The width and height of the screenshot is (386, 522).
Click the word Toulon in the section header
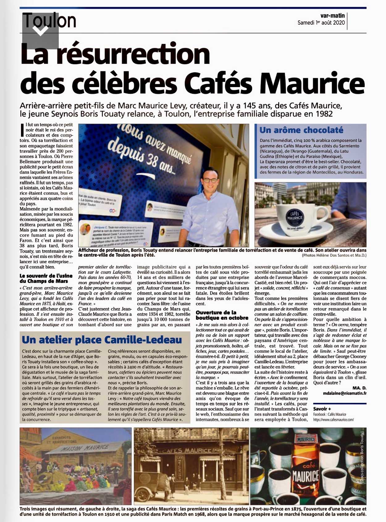(50, 20)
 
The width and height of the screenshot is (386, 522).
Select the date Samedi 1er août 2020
(321, 23)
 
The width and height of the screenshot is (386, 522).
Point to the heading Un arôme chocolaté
(301, 130)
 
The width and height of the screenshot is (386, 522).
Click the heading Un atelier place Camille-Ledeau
(102, 340)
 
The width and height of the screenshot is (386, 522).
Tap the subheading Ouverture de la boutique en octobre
(222, 315)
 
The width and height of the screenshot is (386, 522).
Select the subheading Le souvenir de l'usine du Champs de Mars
(46, 278)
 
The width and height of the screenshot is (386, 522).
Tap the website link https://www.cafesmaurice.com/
(333, 420)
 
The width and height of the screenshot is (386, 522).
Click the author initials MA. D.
(359, 388)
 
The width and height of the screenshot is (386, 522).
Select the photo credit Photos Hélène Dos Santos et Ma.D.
(334, 255)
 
